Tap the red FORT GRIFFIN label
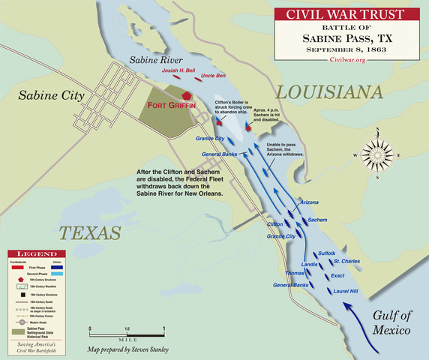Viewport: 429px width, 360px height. (176, 106)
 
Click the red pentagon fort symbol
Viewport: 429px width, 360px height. (187, 96)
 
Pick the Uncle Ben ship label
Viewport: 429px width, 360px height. (214, 76)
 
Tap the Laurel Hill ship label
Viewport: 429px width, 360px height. (346, 290)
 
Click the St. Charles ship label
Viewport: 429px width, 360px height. (347, 261)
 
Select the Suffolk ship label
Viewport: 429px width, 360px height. (327, 253)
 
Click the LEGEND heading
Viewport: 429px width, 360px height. (31, 256)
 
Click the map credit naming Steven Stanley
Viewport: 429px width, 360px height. (128, 349)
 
